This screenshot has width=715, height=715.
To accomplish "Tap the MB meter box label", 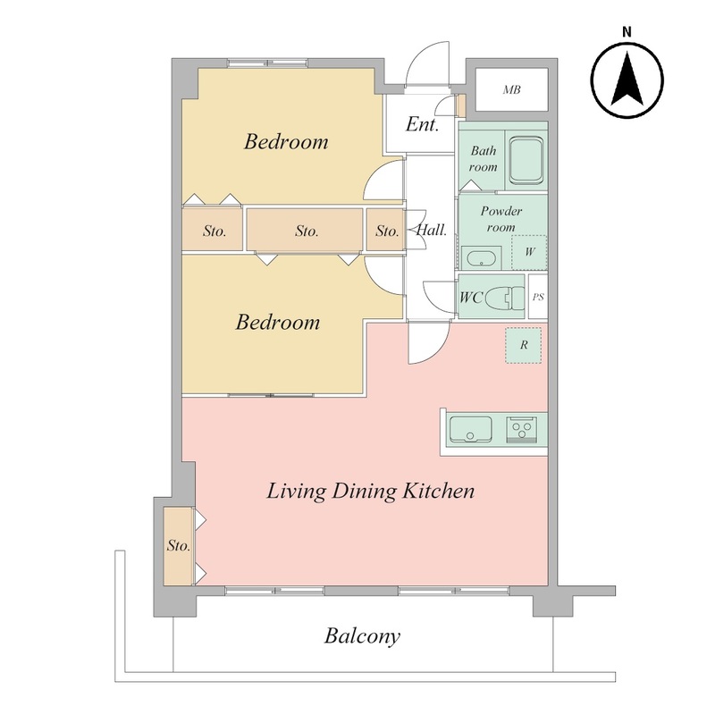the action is pos(511,90).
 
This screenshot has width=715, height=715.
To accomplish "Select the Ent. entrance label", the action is pos(422,124).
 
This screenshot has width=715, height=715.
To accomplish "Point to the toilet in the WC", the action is pos(505,299).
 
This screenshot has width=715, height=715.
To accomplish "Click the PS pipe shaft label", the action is pos(538,297).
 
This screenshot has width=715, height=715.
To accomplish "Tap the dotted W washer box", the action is pos(529,252).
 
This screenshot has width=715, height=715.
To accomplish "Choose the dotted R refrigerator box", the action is pos(524,345).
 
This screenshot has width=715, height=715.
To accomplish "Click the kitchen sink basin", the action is pos(471,429).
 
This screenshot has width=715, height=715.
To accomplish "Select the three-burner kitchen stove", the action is pos(522,429).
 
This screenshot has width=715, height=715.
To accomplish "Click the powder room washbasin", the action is pos(481,258).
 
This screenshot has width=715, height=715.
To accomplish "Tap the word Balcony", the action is pos(363,635).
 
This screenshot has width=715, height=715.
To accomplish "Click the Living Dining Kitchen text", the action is pos(370,491).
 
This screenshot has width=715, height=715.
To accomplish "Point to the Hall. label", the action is pos(432,230).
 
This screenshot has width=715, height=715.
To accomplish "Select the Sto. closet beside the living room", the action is pos(178,546).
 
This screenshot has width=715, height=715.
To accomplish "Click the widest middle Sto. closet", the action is pos(305,230).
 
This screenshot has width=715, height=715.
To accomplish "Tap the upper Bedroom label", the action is pos(286,141).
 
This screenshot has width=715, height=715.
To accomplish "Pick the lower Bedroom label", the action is pos(278,322).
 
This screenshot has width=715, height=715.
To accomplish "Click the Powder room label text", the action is pos(501,219).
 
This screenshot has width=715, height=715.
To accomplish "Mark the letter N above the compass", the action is pos(627,32).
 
